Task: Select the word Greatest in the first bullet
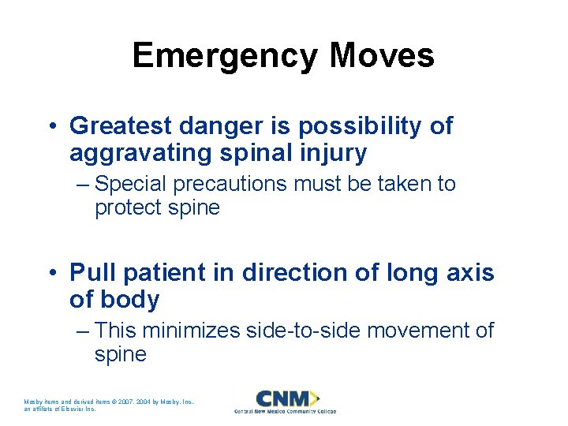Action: click(117, 126)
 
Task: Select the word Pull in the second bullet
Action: click(88, 273)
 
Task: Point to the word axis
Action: click(471, 273)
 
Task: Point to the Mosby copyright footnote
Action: click(110, 405)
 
